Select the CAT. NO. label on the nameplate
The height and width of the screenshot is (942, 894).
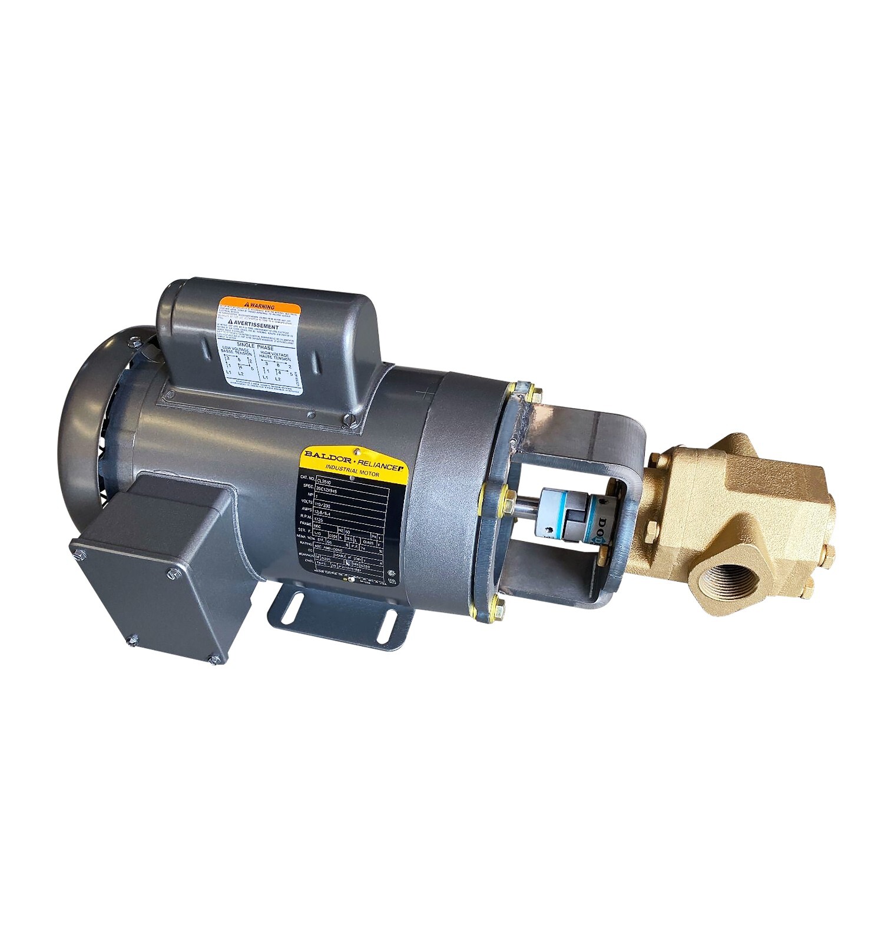(x=305, y=477)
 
